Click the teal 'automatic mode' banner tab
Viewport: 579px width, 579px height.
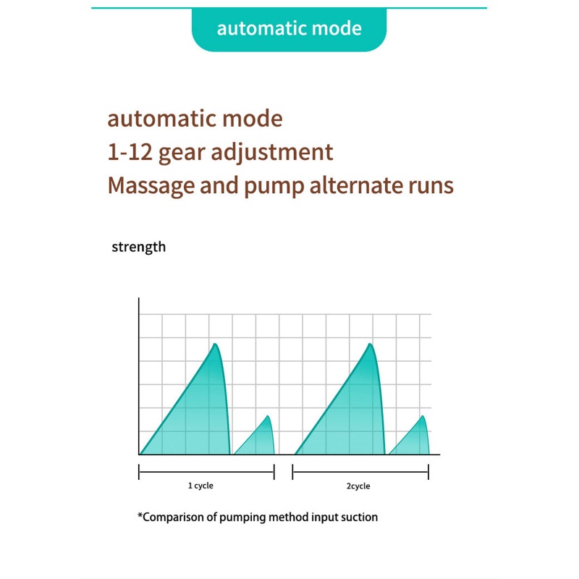coord(289,29)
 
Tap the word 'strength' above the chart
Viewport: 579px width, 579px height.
coord(138,247)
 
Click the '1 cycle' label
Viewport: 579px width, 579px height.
coord(200,486)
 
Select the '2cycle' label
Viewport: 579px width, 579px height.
coord(358,486)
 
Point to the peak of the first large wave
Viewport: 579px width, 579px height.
coord(215,344)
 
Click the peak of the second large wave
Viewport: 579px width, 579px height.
coord(371,344)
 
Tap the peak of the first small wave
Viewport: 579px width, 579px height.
coord(269,416)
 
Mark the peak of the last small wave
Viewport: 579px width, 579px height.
coord(423,416)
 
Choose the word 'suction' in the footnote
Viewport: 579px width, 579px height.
coord(358,517)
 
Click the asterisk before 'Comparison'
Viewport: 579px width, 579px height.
coord(140,516)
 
